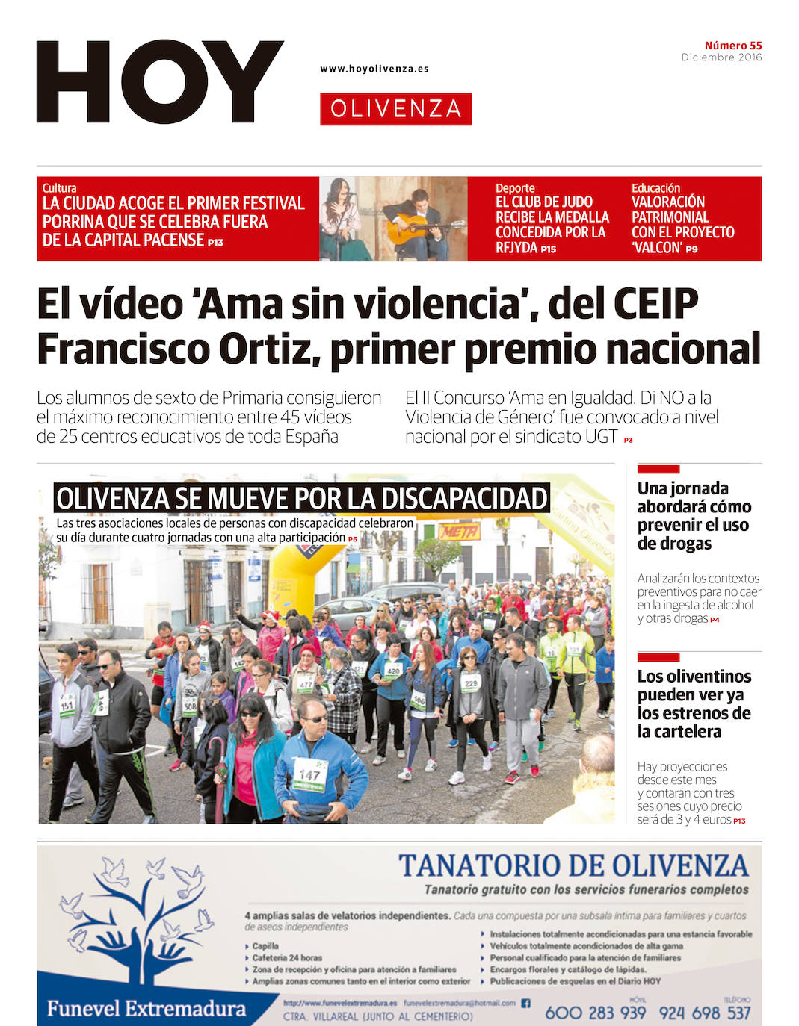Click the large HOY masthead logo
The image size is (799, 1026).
(x=159, y=81)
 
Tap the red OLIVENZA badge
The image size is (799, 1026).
(x=395, y=109)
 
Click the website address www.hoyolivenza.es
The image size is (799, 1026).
(x=374, y=69)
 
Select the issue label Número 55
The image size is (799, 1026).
(x=732, y=46)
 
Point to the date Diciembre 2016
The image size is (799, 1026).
(x=721, y=57)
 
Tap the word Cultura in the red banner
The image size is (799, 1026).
(x=59, y=188)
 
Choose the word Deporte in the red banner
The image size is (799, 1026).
(x=515, y=188)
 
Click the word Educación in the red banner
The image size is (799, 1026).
(x=655, y=188)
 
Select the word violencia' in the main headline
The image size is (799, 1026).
(x=436, y=304)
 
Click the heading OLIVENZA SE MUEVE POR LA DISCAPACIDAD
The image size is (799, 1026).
(x=302, y=498)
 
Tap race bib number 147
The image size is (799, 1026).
(x=309, y=775)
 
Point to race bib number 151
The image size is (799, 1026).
(x=67, y=705)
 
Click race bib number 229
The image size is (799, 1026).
(x=470, y=683)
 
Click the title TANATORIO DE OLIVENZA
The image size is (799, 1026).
(x=573, y=865)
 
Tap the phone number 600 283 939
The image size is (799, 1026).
(x=595, y=1013)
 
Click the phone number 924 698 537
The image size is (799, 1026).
(x=704, y=1013)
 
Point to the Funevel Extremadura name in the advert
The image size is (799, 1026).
(x=146, y=1009)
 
